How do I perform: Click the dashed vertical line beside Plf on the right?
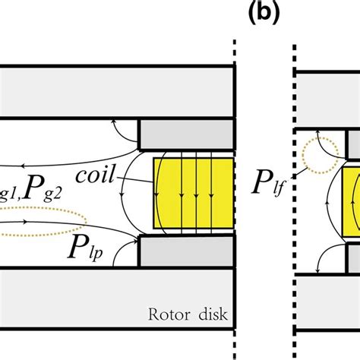tap(293, 114)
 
